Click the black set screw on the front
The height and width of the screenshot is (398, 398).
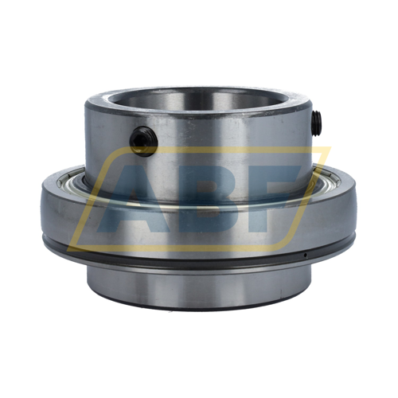point(144,141)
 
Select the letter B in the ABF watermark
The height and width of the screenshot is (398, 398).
point(204,201)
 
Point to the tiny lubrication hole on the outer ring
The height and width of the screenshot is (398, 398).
point(306,255)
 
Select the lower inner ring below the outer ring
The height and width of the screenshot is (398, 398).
point(199,288)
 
